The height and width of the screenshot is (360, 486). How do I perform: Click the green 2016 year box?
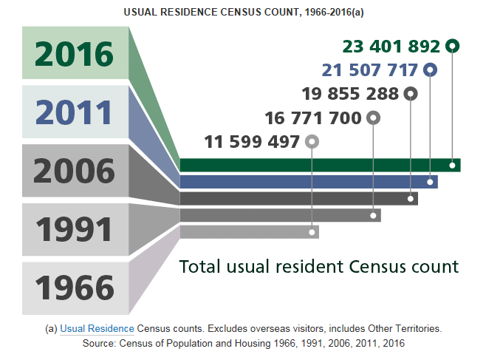(x=75, y=54)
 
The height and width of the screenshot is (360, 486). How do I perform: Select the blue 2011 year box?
(x=75, y=112)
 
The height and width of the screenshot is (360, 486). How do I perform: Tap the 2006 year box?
(x=75, y=171)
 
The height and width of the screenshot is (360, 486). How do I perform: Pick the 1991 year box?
(x=75, y=229)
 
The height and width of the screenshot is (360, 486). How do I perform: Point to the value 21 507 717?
(x=370, y=70)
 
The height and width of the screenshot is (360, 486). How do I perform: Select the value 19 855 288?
(x=350, y=94)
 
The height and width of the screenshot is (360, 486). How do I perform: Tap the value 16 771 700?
(x=312, y=118)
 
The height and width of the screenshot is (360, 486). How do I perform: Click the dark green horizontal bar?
(x=320, y=165)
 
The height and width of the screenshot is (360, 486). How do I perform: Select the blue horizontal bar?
(x=309, y=181)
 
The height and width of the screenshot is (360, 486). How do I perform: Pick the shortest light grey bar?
(x=249, y=232)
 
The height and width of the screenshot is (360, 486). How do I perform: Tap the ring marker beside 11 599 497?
(x=312, y=141)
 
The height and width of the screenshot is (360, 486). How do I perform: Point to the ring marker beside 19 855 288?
(x=411, y=94)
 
